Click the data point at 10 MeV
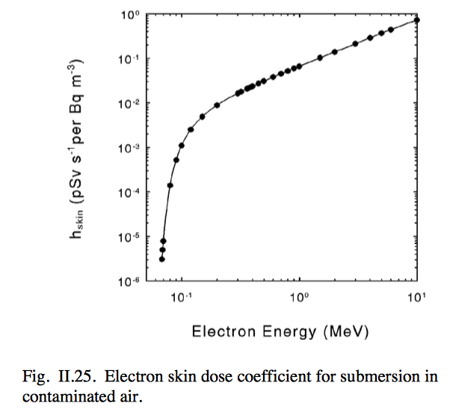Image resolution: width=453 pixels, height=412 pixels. (417, 20)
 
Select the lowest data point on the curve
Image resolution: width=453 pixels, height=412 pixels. (161, 259)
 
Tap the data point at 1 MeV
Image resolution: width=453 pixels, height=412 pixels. (299, 66)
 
